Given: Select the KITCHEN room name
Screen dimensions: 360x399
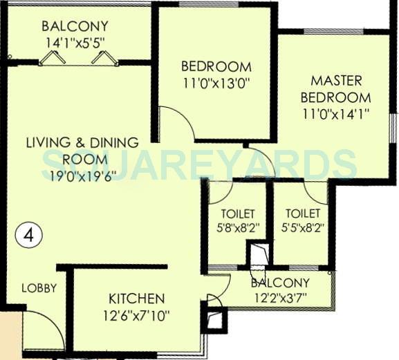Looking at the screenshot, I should (x=136, y=299).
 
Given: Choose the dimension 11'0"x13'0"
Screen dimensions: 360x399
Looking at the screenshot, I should (x=215, y=84).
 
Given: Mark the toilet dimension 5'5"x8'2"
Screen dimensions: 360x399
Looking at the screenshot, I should (x=301, y=226).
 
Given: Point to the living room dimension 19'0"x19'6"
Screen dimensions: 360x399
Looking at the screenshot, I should (x=82, y=174).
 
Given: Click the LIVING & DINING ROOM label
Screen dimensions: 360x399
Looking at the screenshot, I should (x=82, y=150).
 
